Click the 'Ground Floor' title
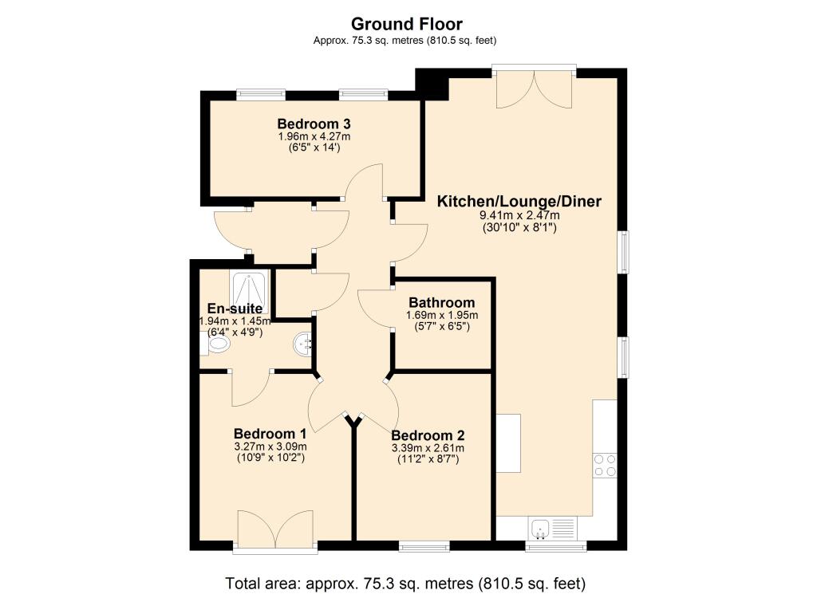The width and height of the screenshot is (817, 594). (x=407, y=24)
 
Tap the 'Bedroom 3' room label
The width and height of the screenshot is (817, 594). (x=314, y=124)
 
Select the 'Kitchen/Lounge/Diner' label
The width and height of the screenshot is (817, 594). (x=519, y=201)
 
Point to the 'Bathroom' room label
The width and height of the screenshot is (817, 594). (x=441, y=303)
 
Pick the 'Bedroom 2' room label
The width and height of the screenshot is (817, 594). (x=427, y=435)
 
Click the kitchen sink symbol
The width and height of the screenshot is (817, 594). (x=540, y=528)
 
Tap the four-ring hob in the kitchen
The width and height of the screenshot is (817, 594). (x=604, y=464)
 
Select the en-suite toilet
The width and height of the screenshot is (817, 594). (x=217, y=344)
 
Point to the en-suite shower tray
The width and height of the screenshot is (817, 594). (x=250, y=288)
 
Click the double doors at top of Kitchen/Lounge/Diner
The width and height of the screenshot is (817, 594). (x=534, y=88)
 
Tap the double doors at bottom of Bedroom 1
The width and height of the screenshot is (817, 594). (x=275, y=530)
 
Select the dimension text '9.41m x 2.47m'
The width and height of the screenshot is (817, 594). (x=519, y=215)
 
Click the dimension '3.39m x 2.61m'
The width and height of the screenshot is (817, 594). (x=427, y=448)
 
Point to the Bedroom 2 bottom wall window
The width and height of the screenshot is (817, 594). (x=424, y=547)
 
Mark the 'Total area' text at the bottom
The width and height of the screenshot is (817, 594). (x=407, y=581)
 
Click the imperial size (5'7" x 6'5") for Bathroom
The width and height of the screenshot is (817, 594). (x=441, y=327)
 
